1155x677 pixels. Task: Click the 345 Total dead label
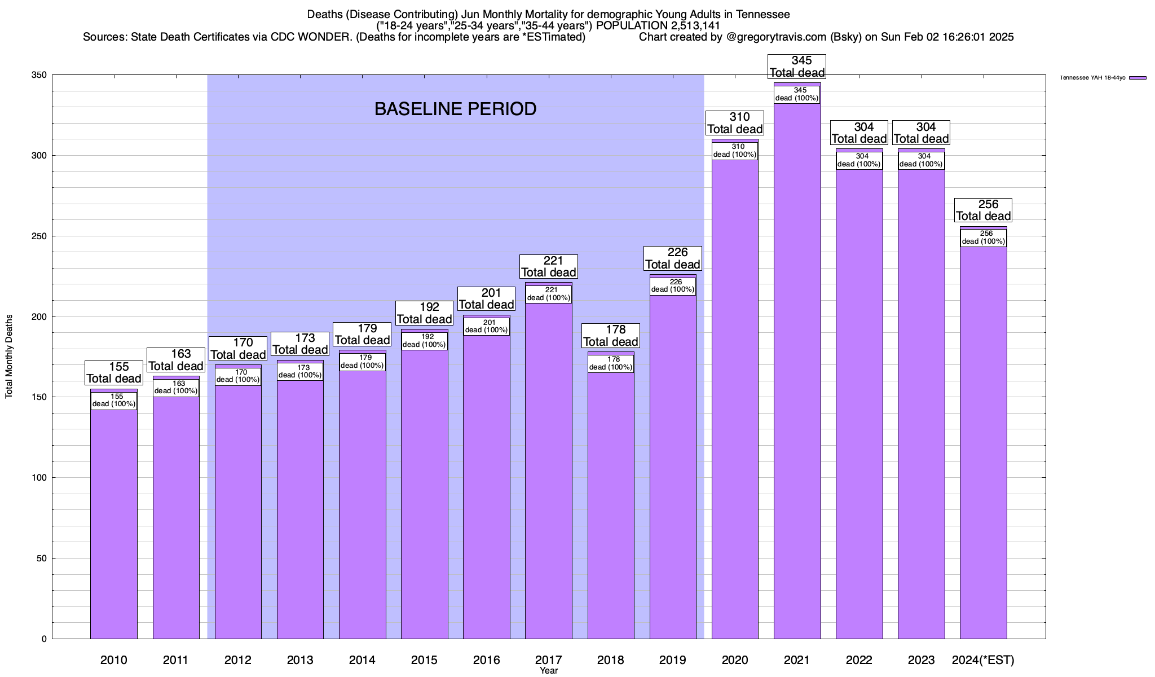click(x=797, y=67)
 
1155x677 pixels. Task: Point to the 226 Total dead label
click(x=673, y=258)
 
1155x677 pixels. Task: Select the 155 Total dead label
click(x=113, y=373)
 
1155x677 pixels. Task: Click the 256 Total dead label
click(x=983, y=210)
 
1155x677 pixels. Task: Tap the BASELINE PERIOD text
click(x=455, y=109)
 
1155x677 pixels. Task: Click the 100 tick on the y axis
click(x=39, y=478)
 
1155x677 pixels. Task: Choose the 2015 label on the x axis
click(x=424, y=660)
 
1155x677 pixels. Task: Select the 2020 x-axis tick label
click(x=735, y=660)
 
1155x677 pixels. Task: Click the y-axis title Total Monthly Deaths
click(x=9, y=356)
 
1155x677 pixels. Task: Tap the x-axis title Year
click(x=548, y=671)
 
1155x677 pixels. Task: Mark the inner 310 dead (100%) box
click(x=735, y=151)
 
